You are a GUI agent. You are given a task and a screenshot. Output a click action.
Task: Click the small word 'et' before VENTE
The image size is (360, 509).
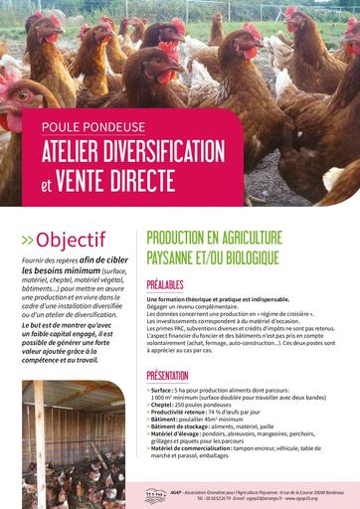46,184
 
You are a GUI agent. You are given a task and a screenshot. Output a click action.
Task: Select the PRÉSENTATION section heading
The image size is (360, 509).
168,375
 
